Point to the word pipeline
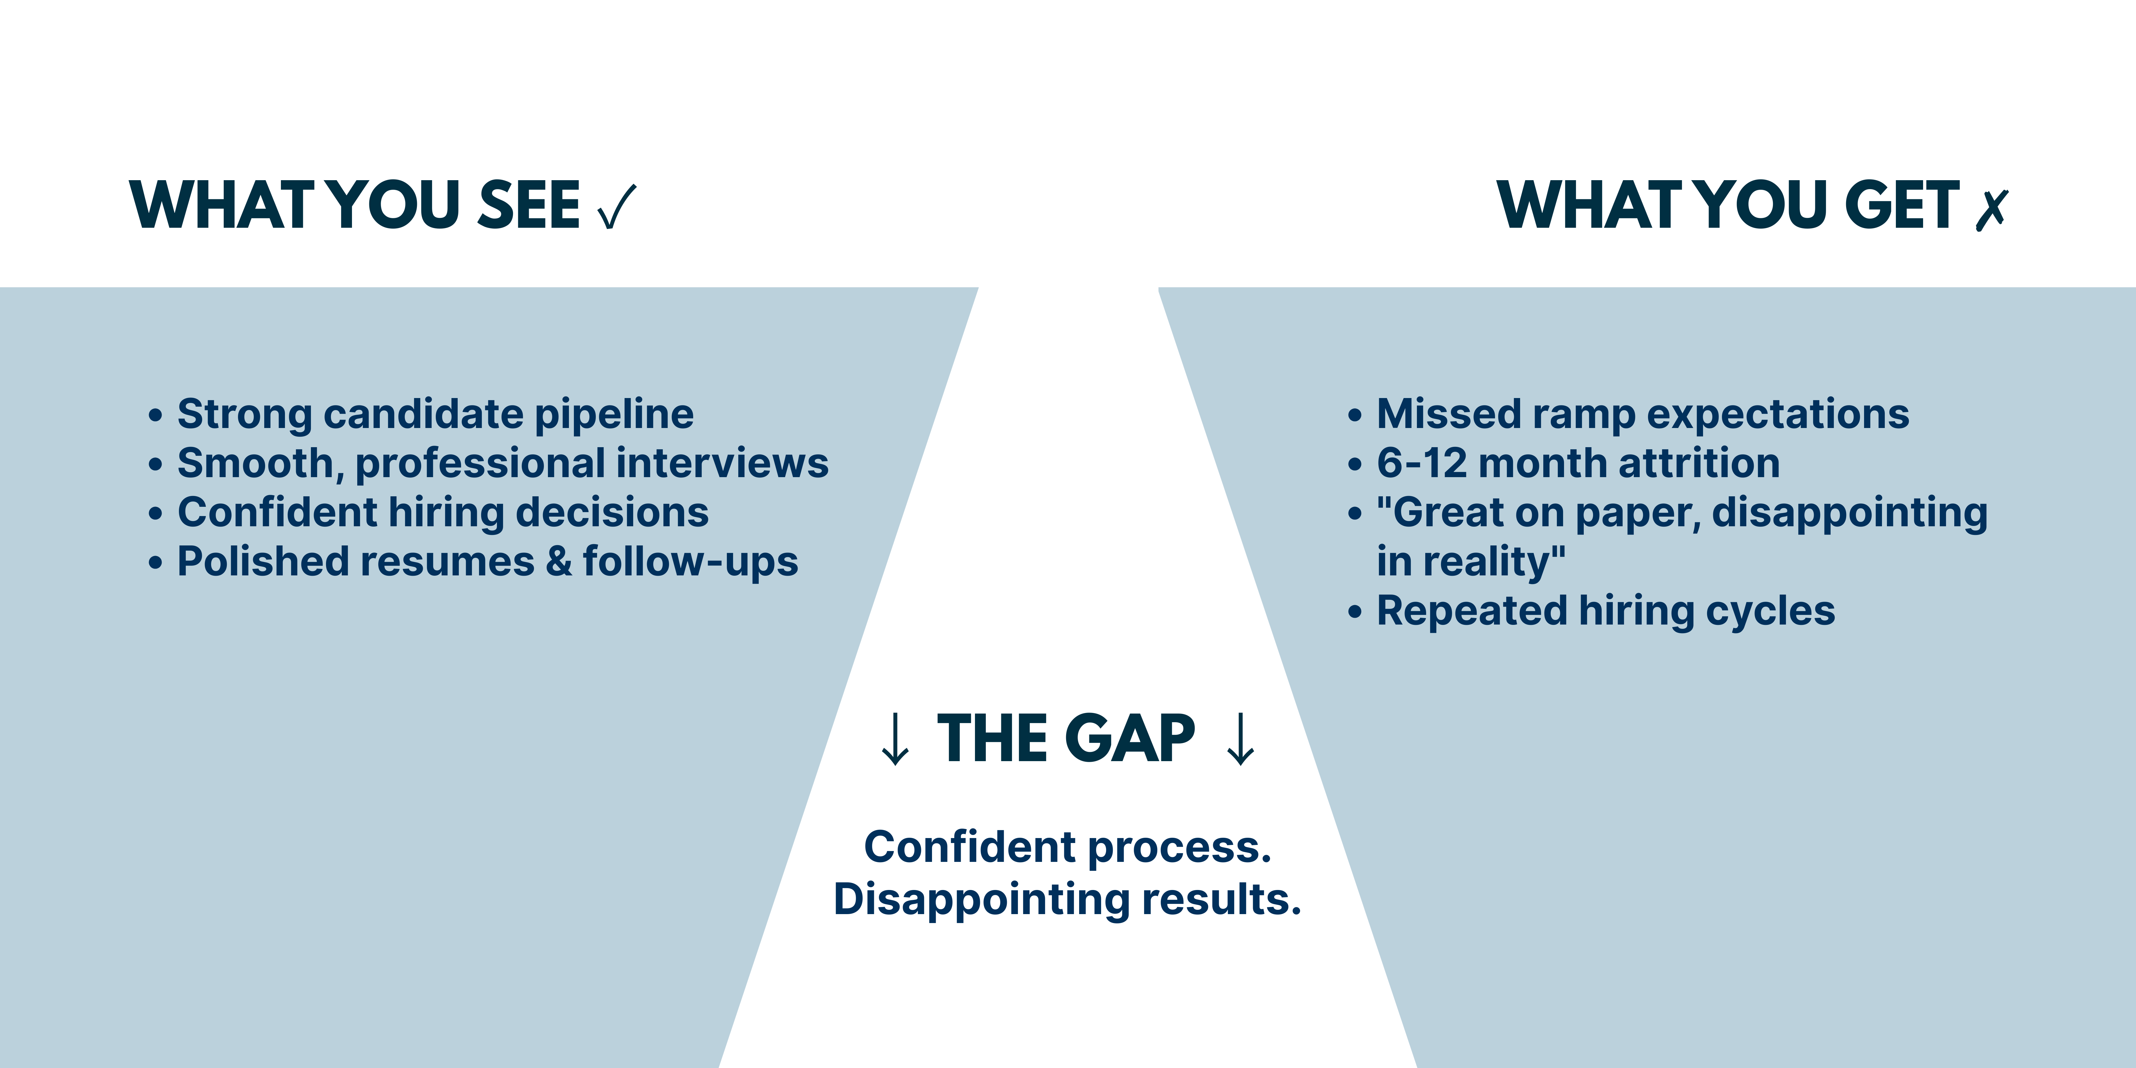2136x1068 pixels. pos(614,415)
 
